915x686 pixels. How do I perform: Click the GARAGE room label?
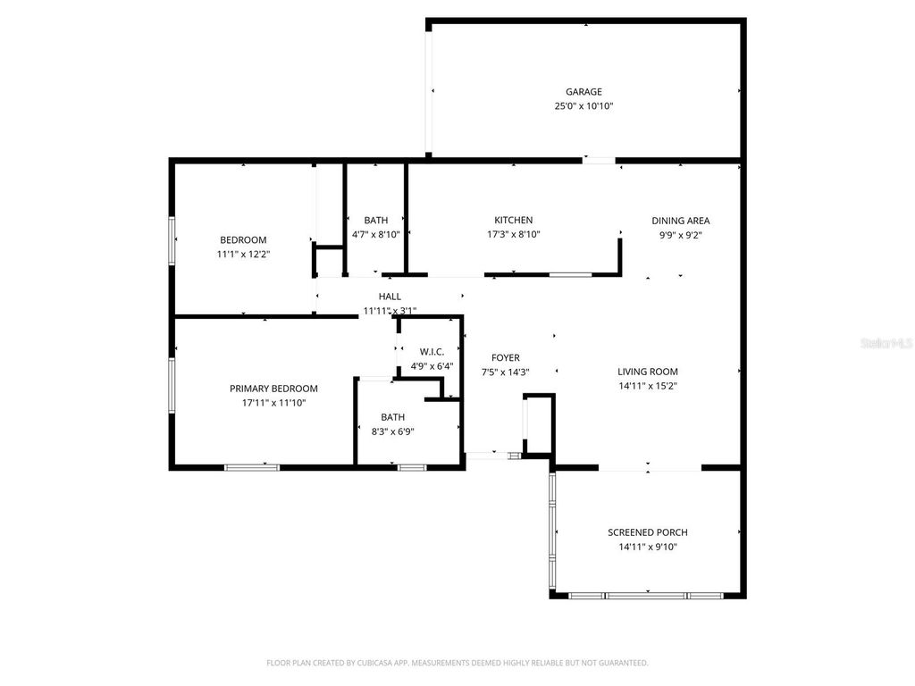point(583,91)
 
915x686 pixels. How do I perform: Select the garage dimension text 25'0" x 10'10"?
point(583,106)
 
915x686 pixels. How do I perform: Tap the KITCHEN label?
point(514,220)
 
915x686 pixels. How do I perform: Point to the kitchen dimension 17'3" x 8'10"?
point(514,234)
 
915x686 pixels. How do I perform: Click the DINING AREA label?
point(681,221)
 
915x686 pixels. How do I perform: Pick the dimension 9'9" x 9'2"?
point(681,235)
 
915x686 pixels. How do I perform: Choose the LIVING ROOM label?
point(648,372)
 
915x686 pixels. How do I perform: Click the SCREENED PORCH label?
point(648,532)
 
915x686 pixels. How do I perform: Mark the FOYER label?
point(506,358)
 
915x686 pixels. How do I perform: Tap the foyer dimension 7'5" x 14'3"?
point(506,372)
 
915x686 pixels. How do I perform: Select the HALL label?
point(390,297)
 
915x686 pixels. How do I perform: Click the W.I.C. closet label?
point(432,352)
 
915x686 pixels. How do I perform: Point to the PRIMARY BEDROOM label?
point(273,389)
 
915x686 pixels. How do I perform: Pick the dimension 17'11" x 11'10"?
point(273,403)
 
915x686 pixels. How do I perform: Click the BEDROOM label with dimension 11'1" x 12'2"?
point(243,239)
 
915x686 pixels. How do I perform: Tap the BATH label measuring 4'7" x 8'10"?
point(376,220)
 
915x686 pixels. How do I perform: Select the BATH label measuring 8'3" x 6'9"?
point(392,416)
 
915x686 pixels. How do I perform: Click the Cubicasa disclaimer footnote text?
point(457,663)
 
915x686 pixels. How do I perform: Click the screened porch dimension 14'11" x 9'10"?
point(648,547)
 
